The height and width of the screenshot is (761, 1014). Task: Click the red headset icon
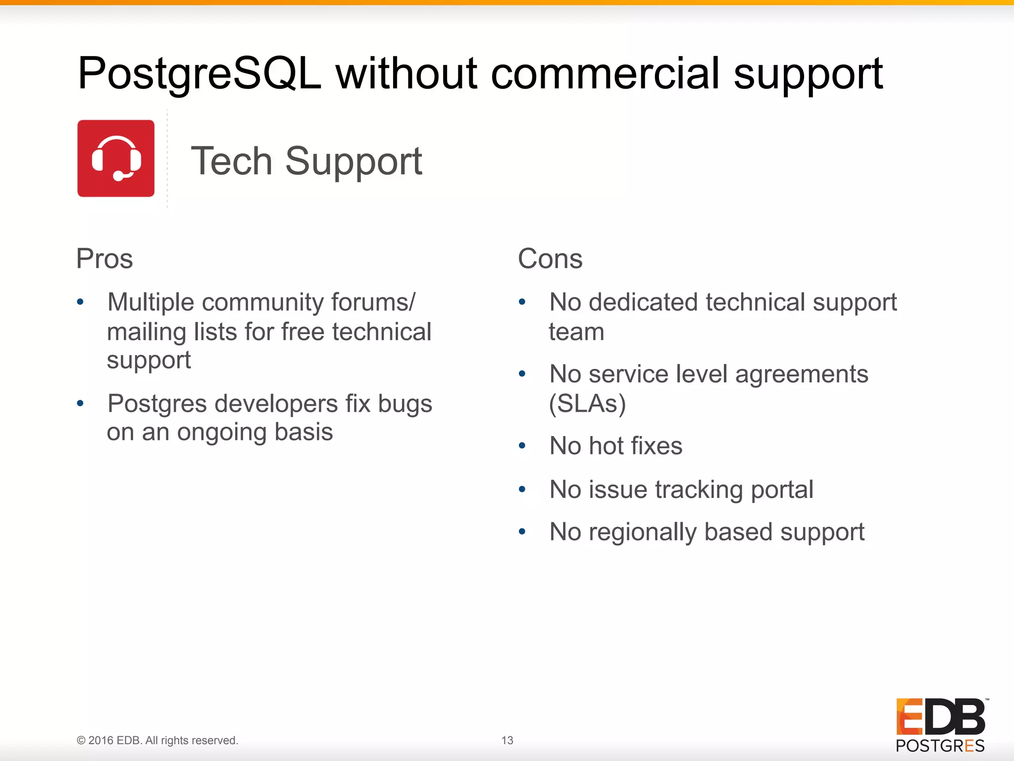click(x=116, y=159)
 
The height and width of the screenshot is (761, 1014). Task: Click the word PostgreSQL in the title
click(x=199, y=74)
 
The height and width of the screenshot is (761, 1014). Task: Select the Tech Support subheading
click(x=306, y=161)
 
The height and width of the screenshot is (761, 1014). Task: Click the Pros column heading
click(x=104, y=259)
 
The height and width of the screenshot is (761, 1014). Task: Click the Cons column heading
click(x=550, y=259)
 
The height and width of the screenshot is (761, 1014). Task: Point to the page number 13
click(x=507, y=740)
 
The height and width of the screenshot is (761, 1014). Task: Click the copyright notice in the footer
click(x=157, y=740)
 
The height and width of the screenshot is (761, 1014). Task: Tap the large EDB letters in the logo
click(x=940, y=716)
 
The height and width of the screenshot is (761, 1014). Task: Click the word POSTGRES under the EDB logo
click(x=940, y=746)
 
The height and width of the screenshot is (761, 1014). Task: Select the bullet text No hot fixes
click(x=616, y=446)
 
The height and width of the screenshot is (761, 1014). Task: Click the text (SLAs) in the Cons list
click(x=587, y=404)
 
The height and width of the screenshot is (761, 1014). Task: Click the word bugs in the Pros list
click(x=405, y=404)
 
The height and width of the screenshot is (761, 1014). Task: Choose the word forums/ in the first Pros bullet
click(x=373, y=302)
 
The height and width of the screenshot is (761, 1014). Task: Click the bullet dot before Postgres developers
click(x=80, y=404)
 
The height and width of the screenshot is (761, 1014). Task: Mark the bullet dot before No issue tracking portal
click(x=522, y=490)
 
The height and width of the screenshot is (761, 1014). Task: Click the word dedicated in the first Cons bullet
click(x=643, y=302)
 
